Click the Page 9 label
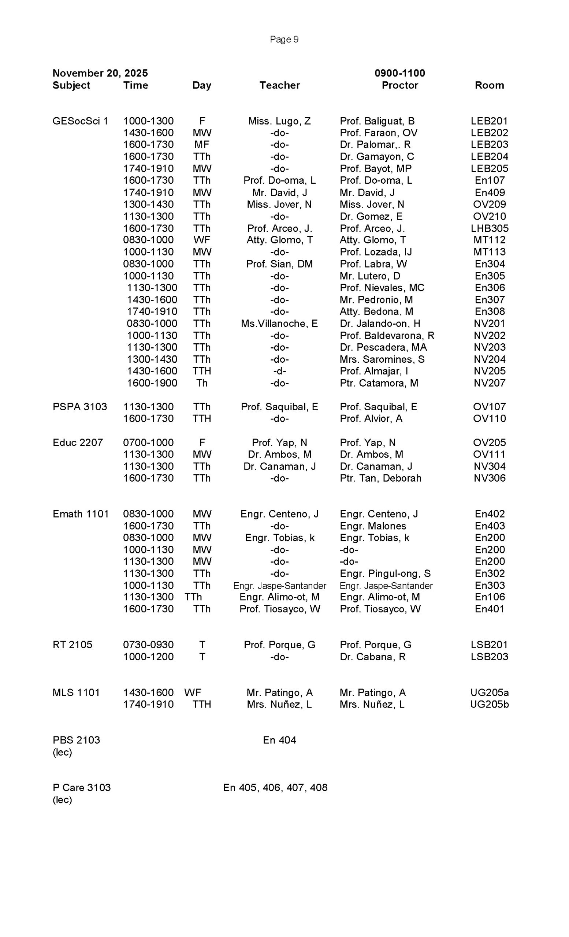click(x=284, y=39)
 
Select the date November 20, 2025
click(x=100, y=73)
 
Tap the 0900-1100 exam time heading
click(x=399, y=73)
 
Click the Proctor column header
click(x=399, y=85)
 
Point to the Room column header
click(x=489, y=85)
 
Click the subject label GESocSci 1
click(x=80, y=121)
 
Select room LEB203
click(x=489, y=145)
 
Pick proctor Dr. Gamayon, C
click(x=376, y=157)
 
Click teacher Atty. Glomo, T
click(x=279, y=240)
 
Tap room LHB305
click(x=489, y=228)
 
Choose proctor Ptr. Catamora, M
click(x=379, y=383)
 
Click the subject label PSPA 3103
click(x=79, y=407)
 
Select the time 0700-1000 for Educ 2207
click(x=148, y=443)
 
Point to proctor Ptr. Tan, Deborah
click(x=380, y=478)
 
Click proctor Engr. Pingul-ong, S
click(x=385, y=574)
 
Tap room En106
click(x=489, y=597)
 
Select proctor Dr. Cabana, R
click(x=372, y=657)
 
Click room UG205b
click(x=489, y=704)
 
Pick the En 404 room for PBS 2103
click(x=279, y=740)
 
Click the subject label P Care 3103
click(x=81, y=788)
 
